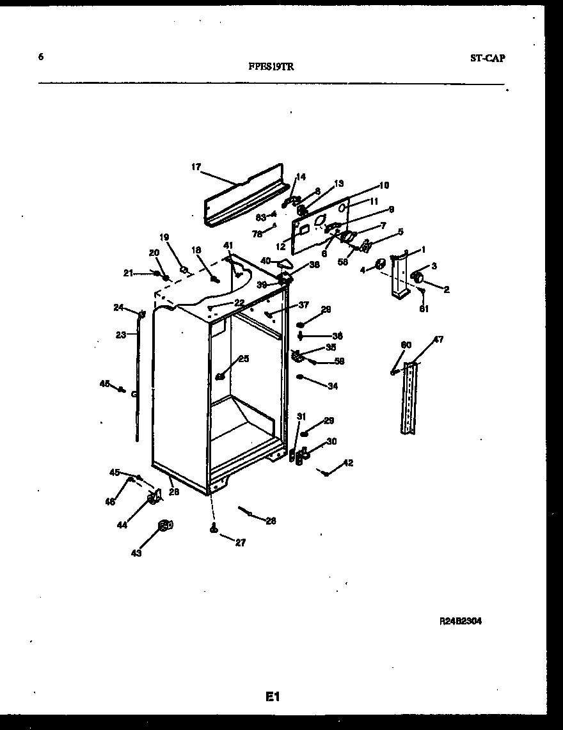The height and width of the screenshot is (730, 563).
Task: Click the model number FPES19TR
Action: coord(271,66)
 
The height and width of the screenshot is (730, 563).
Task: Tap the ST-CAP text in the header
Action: coord(487,58)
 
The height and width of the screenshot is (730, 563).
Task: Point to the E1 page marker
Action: coord(273,697)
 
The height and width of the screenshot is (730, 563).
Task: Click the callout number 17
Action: coord(196,167)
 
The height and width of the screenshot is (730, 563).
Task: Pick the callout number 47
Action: coord(438,340)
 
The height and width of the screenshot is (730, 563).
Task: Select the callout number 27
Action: coord(240,543)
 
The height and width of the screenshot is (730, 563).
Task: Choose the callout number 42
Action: coord(348,463)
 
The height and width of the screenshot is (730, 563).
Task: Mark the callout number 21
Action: coord(128,273)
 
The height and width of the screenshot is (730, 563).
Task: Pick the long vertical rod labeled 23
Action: coord(138,384)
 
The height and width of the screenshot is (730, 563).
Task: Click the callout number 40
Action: coord(266,260)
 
